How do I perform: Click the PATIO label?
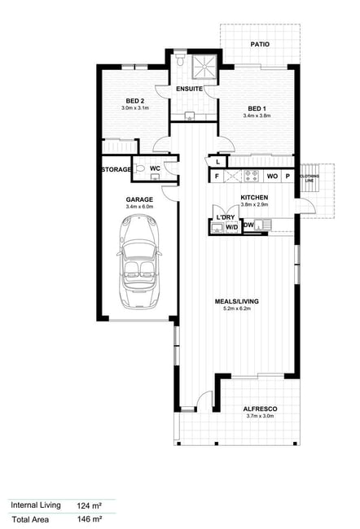[260, 44]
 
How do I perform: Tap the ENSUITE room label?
[189, 89]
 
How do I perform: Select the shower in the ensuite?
[204, 66]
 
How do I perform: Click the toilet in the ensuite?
[180, 59]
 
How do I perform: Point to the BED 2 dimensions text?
[135, 108]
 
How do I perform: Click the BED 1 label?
[257, 108]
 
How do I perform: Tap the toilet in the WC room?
[139, 168]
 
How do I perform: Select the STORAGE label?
[116, 169]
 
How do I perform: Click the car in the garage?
[138, 261]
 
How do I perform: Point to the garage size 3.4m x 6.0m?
[139, 207]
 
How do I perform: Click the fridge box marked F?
[217, 176]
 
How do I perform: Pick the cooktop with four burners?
[251, 176]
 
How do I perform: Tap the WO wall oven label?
[272, 176]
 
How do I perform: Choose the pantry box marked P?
[288, 176]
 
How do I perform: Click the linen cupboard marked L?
[217, 162]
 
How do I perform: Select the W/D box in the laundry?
[231, 227]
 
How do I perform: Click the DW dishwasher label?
[248, 225]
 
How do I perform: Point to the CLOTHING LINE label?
[310, 178]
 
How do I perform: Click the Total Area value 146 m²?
[90, 519]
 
